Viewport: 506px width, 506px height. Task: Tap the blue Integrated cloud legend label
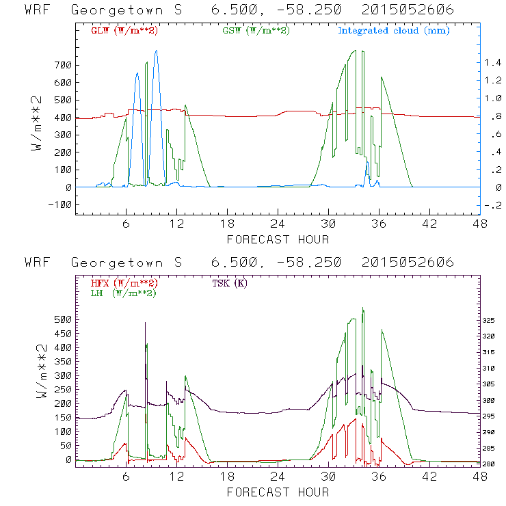(393, 31)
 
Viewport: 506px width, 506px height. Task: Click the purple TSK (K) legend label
(232, 283)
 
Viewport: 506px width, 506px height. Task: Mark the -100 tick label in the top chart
(59, 204)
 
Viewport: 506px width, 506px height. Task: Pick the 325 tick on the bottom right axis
(487, 320)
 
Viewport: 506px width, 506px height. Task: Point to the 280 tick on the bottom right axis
(487, 464)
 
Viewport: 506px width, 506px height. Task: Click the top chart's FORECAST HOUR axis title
(277, 239)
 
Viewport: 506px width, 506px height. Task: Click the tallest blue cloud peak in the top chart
(156, 51)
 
